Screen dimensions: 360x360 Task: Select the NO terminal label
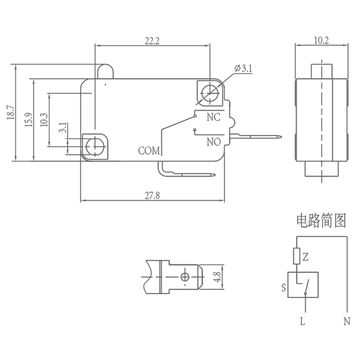pos(212,142)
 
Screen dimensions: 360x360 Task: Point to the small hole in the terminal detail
pos(186,275)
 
